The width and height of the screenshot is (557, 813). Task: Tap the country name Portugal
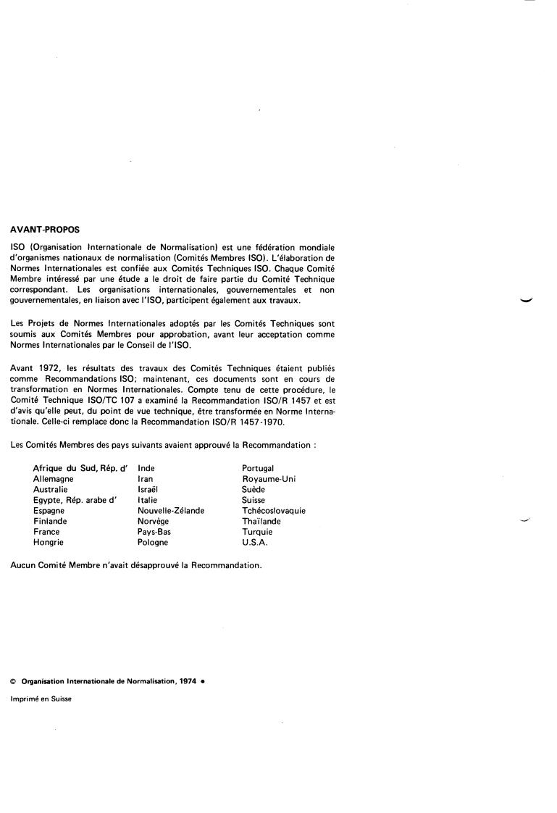[x=258, y=469]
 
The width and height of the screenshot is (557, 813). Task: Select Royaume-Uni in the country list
[x=269, y=479]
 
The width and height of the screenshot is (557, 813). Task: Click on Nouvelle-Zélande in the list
[x=171, y=511]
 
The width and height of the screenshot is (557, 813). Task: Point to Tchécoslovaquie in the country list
[x=274, y=511]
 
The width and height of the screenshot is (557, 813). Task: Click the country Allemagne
[x=54, y=479]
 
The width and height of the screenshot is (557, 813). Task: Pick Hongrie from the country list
[x=49, y=542]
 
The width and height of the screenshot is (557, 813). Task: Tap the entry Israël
[x=148, y=490]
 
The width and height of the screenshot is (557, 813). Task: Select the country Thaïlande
[x=261, y=521]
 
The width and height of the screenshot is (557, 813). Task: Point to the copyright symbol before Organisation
[x=13, y=681]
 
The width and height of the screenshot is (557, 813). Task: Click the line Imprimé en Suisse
[x=41, y=699]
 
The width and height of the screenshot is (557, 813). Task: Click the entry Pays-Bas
[x=154, y=532]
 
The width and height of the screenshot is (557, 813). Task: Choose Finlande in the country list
[x=50, y=521]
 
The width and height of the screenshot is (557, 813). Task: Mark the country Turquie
[x=257, y=532]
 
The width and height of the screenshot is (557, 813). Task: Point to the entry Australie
[x=51, y=490]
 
